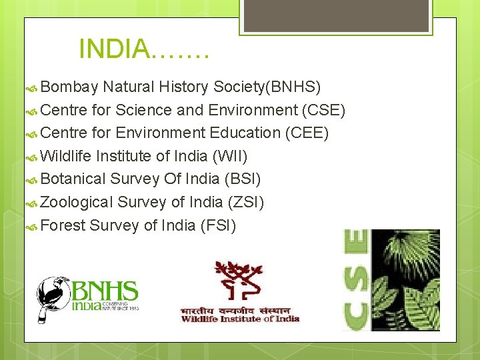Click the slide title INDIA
click(x=143, y=49)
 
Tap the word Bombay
click(x=70, y=87)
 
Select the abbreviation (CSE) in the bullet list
click(x=323, y=110)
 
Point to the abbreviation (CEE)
click(x=307, y=133)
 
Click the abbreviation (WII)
click(x=230, y=156)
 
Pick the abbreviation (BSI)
click(x=243, y=179)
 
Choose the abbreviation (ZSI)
click(x=246, y=202)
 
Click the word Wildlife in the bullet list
click(x=66, y=156)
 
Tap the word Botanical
click(x=73, y=179)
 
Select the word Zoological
click(x=77, y=202)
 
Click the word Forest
click(x=63, y=225)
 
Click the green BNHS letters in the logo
click(x=105, y=291)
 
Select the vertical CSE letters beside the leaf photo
click(x=355, y=279)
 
